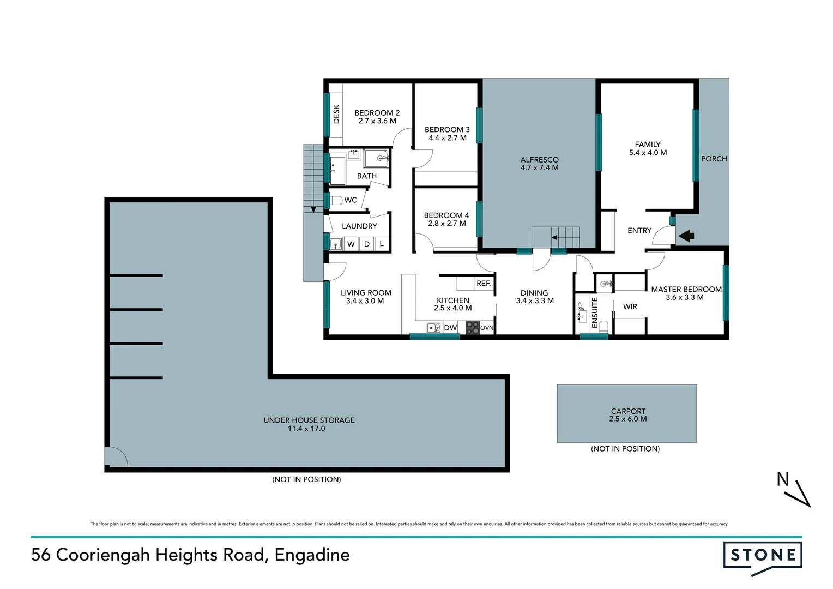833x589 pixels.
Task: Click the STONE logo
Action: [x=763, y=556]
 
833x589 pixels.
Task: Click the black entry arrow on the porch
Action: [x=686, y=236]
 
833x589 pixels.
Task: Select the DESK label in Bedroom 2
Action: [x=336, y=114]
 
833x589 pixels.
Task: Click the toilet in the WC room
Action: [x=336, y=200]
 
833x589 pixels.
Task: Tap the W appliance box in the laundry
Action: [x=351, y=244]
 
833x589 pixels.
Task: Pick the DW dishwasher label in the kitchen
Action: [x=450, y=328]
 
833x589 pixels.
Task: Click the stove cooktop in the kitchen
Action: [x=472, y=327]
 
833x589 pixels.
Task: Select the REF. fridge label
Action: [x=484, y=284]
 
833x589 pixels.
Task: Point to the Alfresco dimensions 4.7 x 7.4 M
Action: [x=539, y=168]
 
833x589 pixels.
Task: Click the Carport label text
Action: [x=628, y=411]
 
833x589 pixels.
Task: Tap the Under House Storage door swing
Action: [x=116, y=456]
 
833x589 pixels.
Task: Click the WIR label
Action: [x=630, y=307]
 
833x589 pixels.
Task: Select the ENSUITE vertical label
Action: [x=595, y=312]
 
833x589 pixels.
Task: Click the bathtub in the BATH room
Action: [x=337, y=170]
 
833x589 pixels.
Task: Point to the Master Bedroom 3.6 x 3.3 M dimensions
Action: [x=685, y=298]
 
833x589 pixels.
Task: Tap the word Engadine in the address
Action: [x=312, y=555]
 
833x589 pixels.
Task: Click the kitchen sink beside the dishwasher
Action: [x=433, y=328]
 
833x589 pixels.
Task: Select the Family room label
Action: [x=648, y=145]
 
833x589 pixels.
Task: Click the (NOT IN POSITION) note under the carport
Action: [x=625, y=449]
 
